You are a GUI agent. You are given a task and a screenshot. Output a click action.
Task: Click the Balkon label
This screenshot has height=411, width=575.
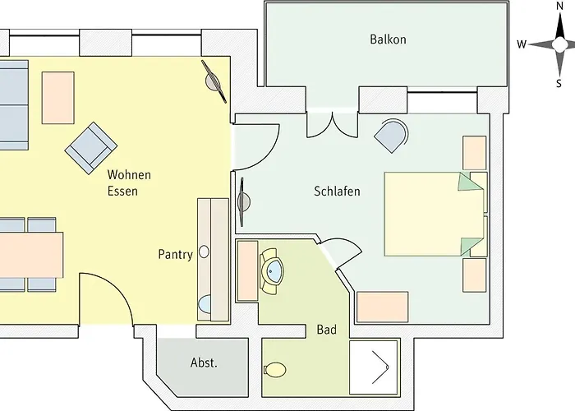click(388, 39)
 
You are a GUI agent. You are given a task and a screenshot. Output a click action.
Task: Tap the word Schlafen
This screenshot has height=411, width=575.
click(337, 192)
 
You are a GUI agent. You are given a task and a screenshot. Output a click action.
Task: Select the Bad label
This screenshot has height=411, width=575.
click(326, 330)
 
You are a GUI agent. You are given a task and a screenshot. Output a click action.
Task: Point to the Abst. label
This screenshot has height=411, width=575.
click(204, 363)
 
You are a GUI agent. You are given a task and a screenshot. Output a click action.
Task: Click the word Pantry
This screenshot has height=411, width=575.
click(175, 255)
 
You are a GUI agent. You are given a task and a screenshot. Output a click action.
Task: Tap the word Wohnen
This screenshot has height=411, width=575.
click(129, 174)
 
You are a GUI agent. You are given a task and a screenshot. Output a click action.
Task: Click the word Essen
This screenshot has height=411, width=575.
click(122, 192)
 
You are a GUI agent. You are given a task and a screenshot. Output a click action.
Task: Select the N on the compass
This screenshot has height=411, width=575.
click(559, 6)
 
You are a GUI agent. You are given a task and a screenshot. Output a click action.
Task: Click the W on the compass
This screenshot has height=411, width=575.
click(522, 44)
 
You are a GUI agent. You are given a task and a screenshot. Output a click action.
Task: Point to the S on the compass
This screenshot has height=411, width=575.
click(559, 84)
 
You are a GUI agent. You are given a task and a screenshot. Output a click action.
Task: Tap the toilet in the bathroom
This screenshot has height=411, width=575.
click(275, 370)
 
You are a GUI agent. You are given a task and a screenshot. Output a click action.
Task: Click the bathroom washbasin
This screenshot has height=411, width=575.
click(272, 271)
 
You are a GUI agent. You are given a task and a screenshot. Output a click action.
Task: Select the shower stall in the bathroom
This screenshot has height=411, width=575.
click(374, 367)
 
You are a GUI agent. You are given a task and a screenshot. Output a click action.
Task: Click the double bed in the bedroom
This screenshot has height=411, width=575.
click(435, 214)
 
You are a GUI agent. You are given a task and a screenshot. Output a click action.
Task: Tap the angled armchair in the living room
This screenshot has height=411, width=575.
click(91, 148)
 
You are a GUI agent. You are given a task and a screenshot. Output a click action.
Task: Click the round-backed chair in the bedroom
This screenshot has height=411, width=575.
click(391, 135)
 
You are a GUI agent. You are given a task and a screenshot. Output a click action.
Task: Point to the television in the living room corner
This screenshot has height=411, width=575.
click(214, 81)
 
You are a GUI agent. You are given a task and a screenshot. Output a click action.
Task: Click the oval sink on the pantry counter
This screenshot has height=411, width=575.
click(204, 252)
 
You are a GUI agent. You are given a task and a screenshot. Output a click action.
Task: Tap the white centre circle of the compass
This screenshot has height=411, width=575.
click(559, 44)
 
